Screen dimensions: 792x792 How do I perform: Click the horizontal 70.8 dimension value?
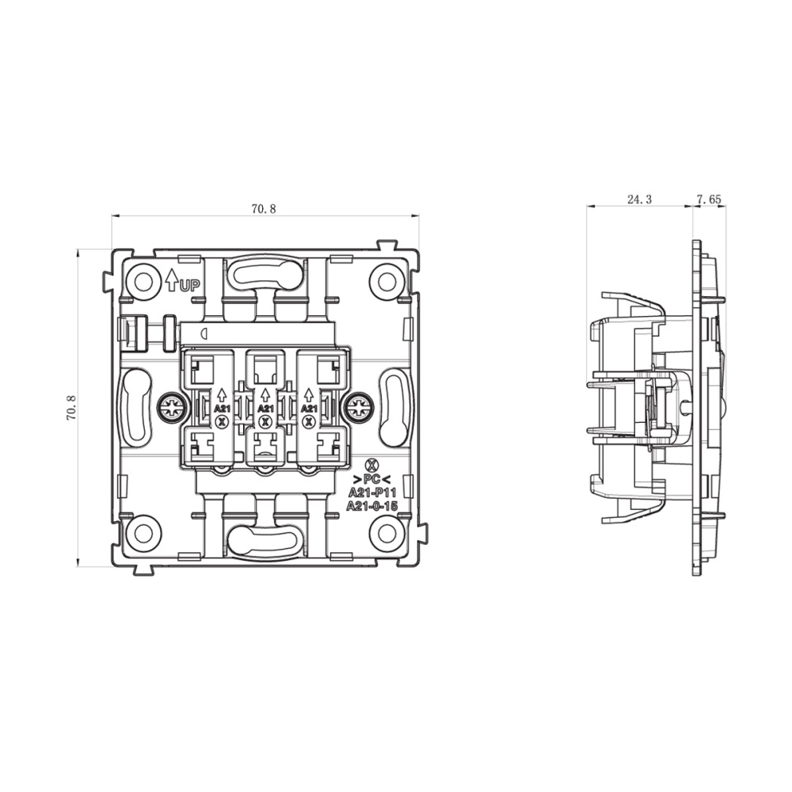(x=264, y=208)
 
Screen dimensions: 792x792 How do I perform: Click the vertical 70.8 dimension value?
(x=70, y=408)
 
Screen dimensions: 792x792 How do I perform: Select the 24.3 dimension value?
(x=639, y=200)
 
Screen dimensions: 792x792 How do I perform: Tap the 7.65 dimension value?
(x=709, y=200)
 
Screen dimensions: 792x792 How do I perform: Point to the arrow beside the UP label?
(x=172, y=280)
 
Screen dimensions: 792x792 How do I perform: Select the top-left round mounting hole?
(x=143, y=282)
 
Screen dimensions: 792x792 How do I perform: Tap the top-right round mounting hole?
(x=386, y=282)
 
